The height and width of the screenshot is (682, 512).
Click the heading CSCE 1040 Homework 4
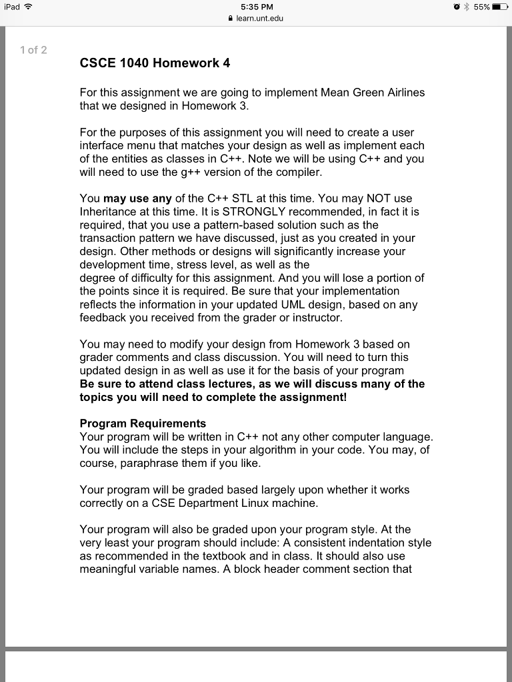click(155, 64)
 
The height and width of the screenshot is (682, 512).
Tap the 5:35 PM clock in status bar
click(255, 7)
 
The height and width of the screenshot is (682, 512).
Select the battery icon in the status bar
click(499, 7)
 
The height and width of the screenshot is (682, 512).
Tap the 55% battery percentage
click(481, 7)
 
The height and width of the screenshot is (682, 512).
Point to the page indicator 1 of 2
click(33, 50)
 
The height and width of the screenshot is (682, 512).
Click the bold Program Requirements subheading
click(143, 424)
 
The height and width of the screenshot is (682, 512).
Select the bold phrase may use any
click(138, 198)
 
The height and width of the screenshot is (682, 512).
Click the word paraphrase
click(148, 463)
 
